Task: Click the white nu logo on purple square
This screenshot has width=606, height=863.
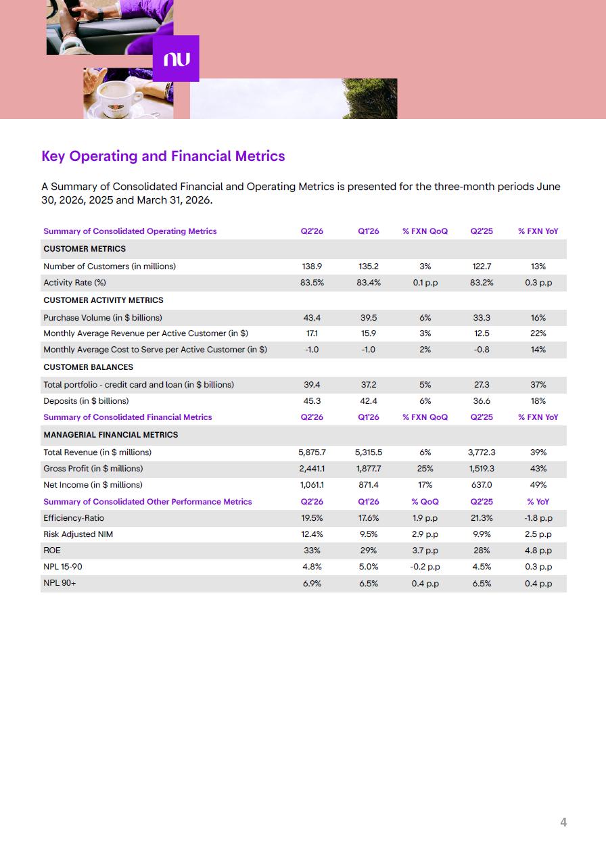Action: pyautogui.click(x=177, y=60)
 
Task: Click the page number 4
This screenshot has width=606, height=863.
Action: pyautogui.click(x=563, y=822)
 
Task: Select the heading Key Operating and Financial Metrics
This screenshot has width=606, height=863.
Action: pyautogui.click(x=163, y=156)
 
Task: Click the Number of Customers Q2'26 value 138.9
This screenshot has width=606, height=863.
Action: pyautogui.click(x=312, y=266)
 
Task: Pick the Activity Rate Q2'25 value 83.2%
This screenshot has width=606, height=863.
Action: pyautogui.click(x=482, y=283)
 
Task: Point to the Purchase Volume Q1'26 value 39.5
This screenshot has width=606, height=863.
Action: pyautogui.click(x=369, y=317)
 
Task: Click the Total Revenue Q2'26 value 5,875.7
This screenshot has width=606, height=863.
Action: pyautogui.click(x=312, y=452)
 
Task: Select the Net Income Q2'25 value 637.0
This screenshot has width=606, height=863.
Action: pyautogui.click(x=482, y=485)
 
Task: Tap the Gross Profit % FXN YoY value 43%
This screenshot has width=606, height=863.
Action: pyautogui.click(x=538, y=469)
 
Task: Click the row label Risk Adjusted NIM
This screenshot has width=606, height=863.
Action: pyautogui.click(x=78, y=534)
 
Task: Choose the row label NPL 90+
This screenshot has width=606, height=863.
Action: pyautogui.click(x=60, y=583)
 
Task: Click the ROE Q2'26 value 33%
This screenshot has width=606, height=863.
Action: pyautogui.click(x=312, y=550)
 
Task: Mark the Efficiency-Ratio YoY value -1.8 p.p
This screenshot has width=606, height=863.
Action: pyautogui.click(x=538, y=518)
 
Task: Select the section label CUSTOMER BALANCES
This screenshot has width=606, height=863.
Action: pyautogui.click(x=88, y=367)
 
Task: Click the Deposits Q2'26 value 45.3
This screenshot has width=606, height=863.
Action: pyautogui.click(x=312, y=400)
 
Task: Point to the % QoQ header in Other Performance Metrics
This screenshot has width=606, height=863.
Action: pyautogui.click(x=425, y=502)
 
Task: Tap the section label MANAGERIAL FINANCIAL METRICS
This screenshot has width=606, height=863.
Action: pyautogui.click(x=110, y=435)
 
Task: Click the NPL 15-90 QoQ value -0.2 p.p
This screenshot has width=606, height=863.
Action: pyautogui.click(x=425, y=567)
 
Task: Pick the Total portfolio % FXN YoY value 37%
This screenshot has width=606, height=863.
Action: pyautogui.click(x=538, y=385)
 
